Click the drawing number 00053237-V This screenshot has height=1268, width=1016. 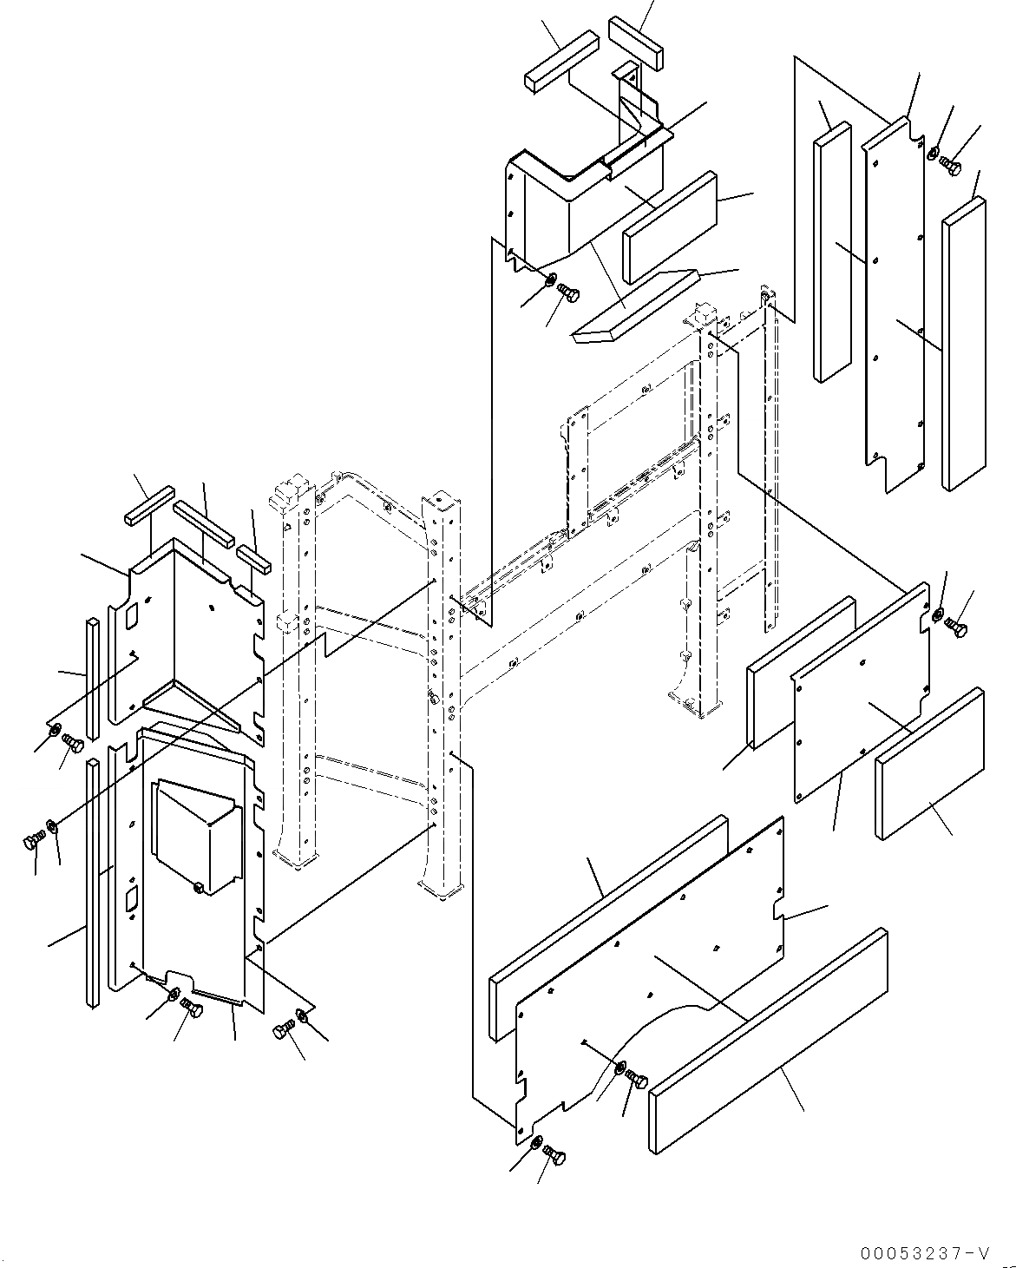[x=924, y=1252]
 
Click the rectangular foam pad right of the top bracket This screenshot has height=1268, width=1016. [x=669, y=228]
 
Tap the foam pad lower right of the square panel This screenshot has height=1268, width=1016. [x=930, y=764]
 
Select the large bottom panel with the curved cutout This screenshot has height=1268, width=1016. [x=651, y=972]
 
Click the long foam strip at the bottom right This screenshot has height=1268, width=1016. [x=768, y=1041]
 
